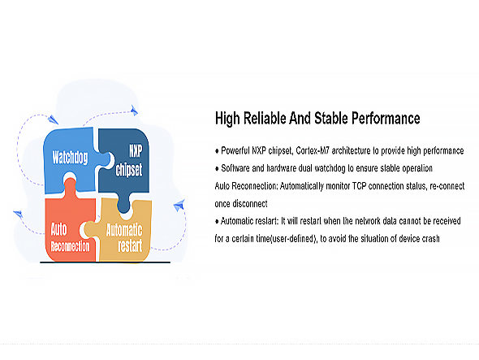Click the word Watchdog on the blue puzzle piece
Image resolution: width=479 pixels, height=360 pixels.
(70, 158)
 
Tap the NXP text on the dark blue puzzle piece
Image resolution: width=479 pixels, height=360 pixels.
(136, 151)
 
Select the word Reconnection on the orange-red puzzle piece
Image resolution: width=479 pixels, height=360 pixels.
(71, 246)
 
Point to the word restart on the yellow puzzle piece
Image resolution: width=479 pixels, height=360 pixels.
(130, 245)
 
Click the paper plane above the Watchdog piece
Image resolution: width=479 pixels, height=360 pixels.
(53, 119)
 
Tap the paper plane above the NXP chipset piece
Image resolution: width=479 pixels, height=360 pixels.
(134, 110)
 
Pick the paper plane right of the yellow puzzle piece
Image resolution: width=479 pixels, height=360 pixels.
(179, 205)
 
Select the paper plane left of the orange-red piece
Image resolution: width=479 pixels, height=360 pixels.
(18, 214)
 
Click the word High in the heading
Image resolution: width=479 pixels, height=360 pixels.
(227, 119)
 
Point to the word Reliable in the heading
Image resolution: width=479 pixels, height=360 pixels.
(265, 118)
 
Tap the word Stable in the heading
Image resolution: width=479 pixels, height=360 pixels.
(331, 118)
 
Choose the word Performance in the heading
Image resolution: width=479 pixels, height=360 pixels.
(386, 118)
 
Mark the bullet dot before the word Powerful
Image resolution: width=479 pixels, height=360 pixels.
(217, 151)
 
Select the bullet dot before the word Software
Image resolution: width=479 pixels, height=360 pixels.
(217, 168)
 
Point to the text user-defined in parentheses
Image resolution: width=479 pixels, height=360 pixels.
(292, 239)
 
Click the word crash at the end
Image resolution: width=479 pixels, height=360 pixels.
(430, 239)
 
